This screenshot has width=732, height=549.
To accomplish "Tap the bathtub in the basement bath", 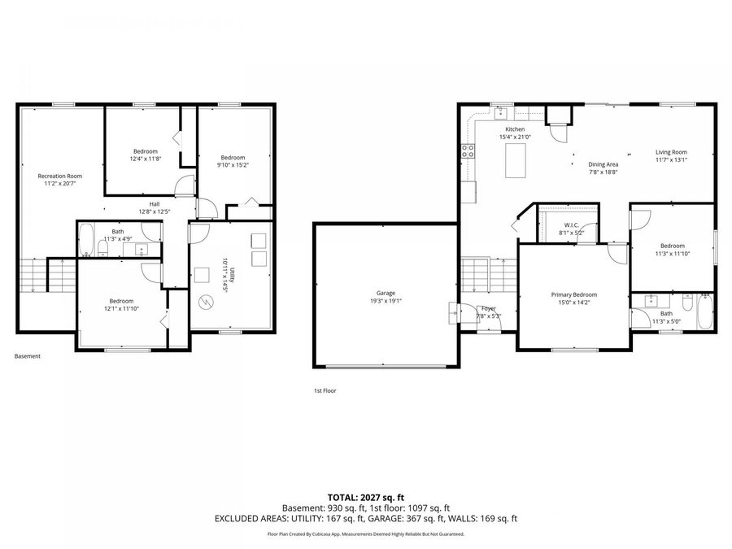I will (x=87, y=240).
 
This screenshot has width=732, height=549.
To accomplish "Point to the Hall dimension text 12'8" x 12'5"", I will (x=154, y=212).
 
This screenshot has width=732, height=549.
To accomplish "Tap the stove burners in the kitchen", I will (x=468, y=150).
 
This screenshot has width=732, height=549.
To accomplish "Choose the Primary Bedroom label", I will (x=573, y=294).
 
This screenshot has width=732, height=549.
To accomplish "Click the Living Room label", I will (x=672, y=152).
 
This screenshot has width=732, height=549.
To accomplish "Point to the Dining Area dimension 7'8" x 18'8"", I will (x=603, y=172).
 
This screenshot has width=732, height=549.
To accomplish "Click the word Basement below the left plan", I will (x=27, y=356).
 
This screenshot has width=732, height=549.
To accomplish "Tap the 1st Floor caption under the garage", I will (x=325, y=390).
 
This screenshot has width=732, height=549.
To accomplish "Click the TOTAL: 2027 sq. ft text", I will (x=365, y=496).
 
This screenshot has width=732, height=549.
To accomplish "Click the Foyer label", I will (x=488, y=308).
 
